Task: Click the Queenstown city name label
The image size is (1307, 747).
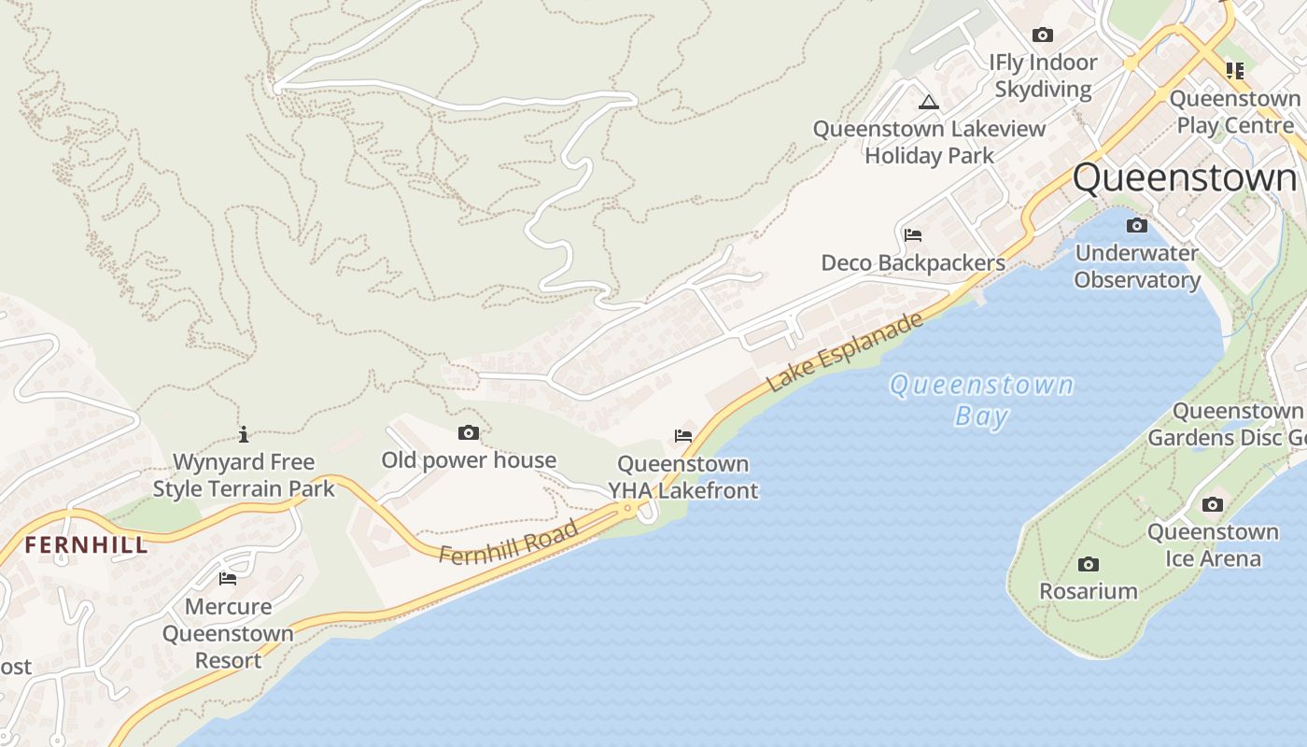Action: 1184,177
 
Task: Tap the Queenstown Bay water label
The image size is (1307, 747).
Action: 981,399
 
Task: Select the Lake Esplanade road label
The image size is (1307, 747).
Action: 845,352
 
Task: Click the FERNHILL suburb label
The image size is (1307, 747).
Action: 86,545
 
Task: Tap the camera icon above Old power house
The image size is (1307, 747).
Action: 469,432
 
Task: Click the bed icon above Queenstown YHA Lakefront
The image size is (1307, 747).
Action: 683,436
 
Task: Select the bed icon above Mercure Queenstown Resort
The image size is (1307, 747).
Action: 228,579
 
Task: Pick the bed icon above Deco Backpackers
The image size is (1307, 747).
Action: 913,235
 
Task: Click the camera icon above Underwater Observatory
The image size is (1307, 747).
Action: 1136,225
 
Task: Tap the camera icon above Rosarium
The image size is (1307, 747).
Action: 1088,564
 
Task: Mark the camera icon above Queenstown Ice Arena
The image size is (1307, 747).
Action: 1213,504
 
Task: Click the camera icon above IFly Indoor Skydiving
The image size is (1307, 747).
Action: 1043,35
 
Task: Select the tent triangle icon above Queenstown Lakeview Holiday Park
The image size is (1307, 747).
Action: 928,102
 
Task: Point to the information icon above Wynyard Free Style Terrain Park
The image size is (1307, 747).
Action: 244,434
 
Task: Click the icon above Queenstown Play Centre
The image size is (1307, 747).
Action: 1235,70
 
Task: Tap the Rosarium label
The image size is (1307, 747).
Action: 1089,591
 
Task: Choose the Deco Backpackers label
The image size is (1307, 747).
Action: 913,263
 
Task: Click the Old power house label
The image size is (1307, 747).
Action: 469,460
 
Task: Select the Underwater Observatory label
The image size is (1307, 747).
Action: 1136,266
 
